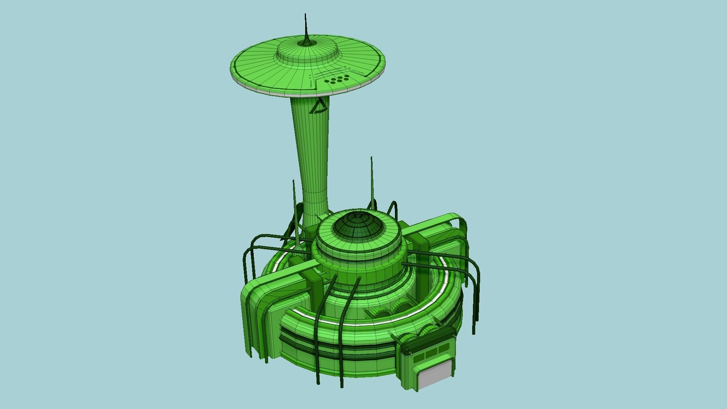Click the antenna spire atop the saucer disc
click(x=306, y=28)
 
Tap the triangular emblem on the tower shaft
click(x=318, y=106)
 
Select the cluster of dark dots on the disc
click(x=337, y=79)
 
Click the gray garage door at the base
click(x=435, y=375)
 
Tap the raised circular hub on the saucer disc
click(x=307, y=53)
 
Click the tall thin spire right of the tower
click(x=371, y=178)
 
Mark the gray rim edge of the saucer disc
click(x=265, y=90)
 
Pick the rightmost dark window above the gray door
click(x=443, y=348)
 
